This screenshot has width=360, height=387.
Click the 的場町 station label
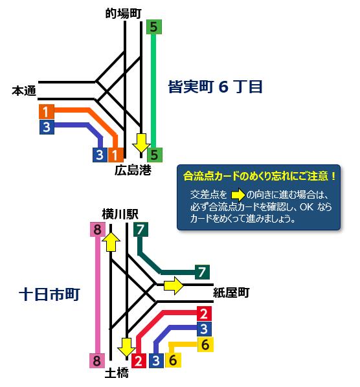pyautogui.click(x=124, y=14)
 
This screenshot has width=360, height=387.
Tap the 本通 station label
pyautogui.click(x=24, y=91)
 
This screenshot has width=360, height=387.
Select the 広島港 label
pyautogui.click(x=133, y=170)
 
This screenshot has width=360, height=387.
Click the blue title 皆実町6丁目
pyautogui.click(x=215, y=87)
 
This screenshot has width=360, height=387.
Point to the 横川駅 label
pyautogui.click(x=120, y=214)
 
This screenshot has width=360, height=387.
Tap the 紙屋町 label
pyautogui.click(x=231, y=293)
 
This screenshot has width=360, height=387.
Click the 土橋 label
pyautogui.click(x=117, y=373)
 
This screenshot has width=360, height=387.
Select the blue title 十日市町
pyautogui.click(x=49, y=294)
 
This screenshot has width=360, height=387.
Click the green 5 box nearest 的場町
pyautogui.click(x=154, y=27)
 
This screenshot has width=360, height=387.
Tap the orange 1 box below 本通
pyautogui.click(x=47, y=111)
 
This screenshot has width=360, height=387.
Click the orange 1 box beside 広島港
pyautogui.click(x=115, y=155)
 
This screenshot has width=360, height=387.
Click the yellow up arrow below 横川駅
pyautogui.click(x=111, y=242)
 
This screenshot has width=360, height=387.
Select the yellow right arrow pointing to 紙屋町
pyautogui.click(x=174, y=285)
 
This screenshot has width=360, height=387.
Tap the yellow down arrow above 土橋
pyautogui.click(x=126, y=348)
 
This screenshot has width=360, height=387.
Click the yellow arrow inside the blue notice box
pyautogui.click(x=238, y=195)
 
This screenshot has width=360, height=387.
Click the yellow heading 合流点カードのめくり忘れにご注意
pyautogui.click(x=259, y=176)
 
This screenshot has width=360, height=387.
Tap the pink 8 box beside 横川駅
pyautogui.click(x=98, y=230)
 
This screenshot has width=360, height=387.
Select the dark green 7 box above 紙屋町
pyautogui.click(x=202, y=272)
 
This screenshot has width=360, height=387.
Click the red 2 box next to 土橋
pyautogui.click(x=139, y=360)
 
